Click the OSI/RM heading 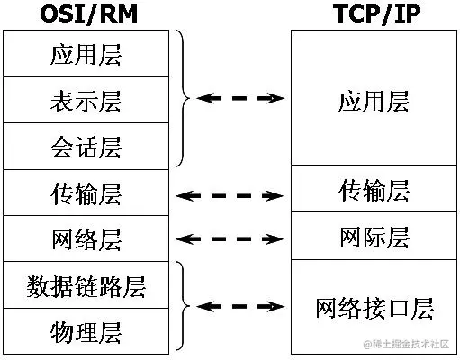click(x=84, y=14)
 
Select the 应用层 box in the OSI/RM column click(x=86, y=54)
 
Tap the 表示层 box click(x=86, y=100)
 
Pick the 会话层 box click(x=86, y=146)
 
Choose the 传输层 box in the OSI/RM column click(x=86, y=193)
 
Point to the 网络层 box click(x=86, y=238)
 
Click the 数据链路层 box click(x=86, y=285)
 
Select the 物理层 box click(x=86, y=331)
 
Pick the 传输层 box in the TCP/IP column click(x=374, y=192)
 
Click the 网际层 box click(x=374, y=238)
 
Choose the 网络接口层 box click(x=374, y=308)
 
